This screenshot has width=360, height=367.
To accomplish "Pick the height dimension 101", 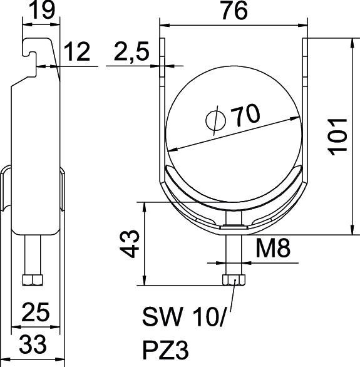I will pyautogui.click(x=337, y=135).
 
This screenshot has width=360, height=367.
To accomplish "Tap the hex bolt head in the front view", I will pyautogui.click(x=234, y=280).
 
